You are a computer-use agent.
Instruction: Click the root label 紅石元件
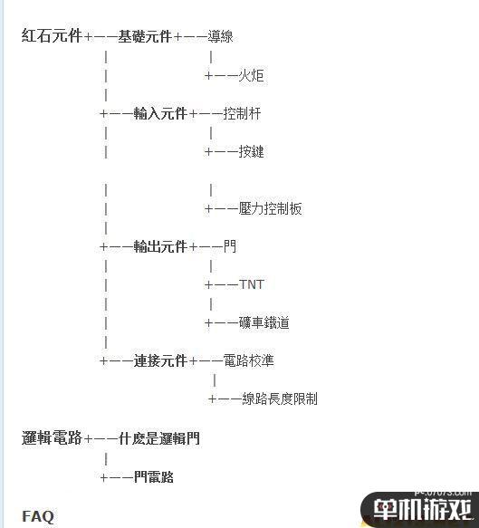point(52,36)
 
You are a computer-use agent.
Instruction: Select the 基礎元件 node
point(145,36)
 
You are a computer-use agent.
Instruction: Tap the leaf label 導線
point(220,36)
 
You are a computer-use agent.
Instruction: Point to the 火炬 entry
point(251,75)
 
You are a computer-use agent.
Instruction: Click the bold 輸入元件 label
point(160,113)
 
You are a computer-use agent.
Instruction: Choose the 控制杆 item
point(242,113)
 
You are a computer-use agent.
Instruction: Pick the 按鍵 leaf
point(251,151)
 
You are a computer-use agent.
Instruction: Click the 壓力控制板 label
point(271,209)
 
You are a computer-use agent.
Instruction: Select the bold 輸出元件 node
point(160,246)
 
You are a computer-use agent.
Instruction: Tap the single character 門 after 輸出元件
point(230,246)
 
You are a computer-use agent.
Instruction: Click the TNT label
point(251,284)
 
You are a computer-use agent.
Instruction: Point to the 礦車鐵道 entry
point(264,322)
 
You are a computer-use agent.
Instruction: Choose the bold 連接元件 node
point(160,361)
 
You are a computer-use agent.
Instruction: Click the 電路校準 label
point(249,360)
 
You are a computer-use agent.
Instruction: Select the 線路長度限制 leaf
point(280,398)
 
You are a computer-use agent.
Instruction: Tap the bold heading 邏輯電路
point(52,437)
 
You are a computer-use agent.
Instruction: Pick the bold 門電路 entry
point(154,476)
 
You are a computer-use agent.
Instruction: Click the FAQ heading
point(38,516)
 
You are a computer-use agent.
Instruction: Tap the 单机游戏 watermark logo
point(422,509)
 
